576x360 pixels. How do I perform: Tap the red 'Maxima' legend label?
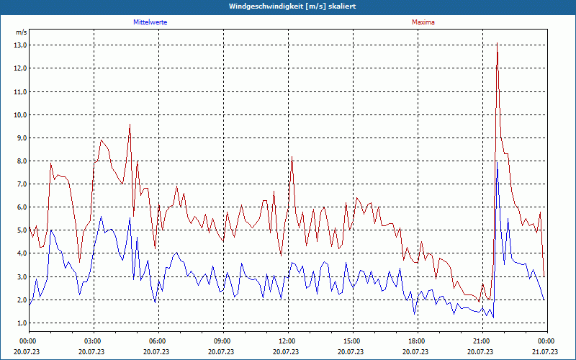(x=423, y=22)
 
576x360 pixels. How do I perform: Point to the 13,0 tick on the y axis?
(x=20, y=45)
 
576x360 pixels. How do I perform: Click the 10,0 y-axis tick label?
(x=20, y=114)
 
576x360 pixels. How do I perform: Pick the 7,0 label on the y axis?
(x=20, y=184)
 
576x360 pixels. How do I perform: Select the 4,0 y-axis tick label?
(x=20, y=253)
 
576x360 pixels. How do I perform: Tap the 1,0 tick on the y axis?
(x=20, y=323)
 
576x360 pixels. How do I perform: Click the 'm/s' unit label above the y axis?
(x=21, y=32)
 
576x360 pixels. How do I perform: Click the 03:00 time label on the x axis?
(x=93, y=341)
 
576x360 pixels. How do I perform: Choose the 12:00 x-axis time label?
(x=287, y=341)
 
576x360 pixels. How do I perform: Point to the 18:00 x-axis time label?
(x=417, y=341)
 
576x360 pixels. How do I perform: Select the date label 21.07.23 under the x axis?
(x=546, y=351)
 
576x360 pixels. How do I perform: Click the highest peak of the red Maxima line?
(x=497, y=44)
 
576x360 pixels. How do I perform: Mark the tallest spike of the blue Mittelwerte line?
(x=497, y=162)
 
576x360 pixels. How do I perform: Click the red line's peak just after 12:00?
(x=292, y=157)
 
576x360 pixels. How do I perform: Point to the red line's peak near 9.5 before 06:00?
(x=130, y=125)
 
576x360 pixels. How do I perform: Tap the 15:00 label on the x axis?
(x=352, y=341)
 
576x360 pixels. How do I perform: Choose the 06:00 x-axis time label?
(x=158, y=341)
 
